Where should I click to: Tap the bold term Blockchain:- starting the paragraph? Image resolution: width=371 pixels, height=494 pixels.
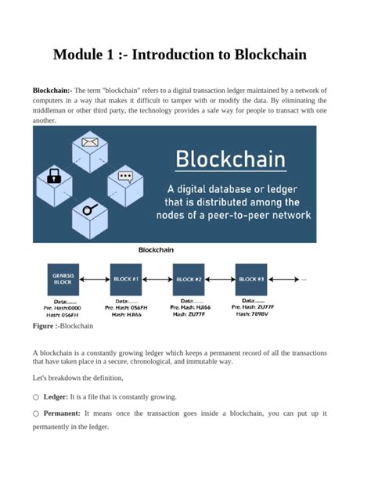pos(52,91)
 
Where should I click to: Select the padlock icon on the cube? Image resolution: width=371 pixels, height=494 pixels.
pos(55,176)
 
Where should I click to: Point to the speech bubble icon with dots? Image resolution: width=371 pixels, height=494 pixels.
pos(125,176)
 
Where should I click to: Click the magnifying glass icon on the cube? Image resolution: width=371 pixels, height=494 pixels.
pos(90,209)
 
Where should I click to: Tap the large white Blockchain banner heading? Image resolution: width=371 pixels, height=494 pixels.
pos(230,160)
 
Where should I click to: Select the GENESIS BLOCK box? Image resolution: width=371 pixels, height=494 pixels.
pos(64,279)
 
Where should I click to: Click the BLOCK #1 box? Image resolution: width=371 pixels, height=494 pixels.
pos(126,279)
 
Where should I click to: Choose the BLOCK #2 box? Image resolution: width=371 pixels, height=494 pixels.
pos(189,279)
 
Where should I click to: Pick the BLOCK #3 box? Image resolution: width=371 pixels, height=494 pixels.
pos(251,279)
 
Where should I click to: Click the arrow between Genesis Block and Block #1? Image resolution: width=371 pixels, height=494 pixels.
pos(95,279)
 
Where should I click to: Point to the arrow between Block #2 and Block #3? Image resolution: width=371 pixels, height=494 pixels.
pos(220,279)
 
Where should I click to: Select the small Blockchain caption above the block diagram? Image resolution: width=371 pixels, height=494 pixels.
pos(156,250)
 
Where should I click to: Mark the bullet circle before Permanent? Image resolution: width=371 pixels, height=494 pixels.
pos(36,413)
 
